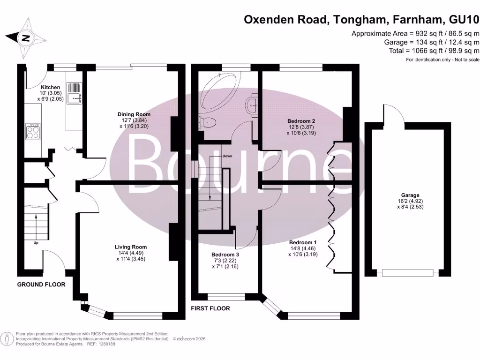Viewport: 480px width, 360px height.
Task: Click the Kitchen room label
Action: pyautogui.click(x=50, y=87)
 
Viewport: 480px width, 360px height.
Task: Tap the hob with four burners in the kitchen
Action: pyautogui.click(x=33, y=131)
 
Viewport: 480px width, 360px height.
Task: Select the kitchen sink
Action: pyautogui.click(x=74, y=93)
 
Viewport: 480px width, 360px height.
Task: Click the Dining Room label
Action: pyautogui.click(x=134, y=114)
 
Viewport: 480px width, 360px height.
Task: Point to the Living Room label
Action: pyautogui.click(x=131, y=247)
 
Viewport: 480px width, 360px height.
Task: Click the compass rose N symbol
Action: pyautogui.click(x=26, y=38)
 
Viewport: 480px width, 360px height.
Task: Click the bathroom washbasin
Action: pyautogui.click(x=253, y=105)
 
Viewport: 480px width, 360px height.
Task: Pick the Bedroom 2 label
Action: pyautogui.click(x=301, y=121)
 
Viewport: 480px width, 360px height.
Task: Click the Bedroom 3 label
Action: pyautogui.click(x=225, y=255)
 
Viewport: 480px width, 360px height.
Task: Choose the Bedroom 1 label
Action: pyautogui.click(x=303, y=242)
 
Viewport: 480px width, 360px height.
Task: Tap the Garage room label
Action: pyautogui.click(x=410, y=195)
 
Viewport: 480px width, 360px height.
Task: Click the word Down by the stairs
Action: pyautogui.click(x=227, y=156)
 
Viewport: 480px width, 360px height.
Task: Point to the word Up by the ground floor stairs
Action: pyautogui.click(x=36, y=243)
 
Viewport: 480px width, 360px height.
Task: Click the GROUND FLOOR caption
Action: pyautogui.click(x=41, y=285)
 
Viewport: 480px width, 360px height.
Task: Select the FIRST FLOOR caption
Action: pyautogui.click(x=210, y=308)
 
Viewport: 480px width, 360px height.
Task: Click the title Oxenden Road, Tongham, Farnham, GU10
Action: pyautogui.click(x=361, y=20)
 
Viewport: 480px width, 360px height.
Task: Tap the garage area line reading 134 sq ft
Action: pyautogui.click(x=432, y=42)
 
